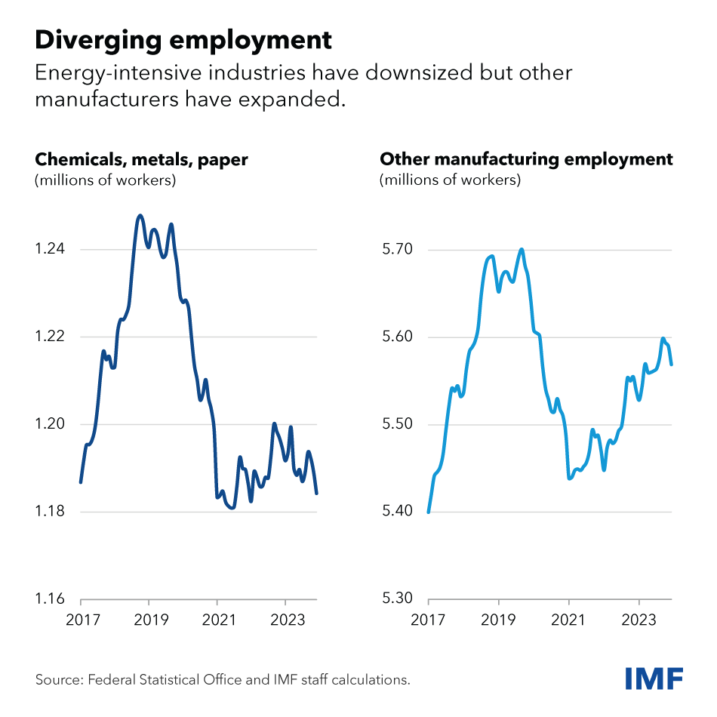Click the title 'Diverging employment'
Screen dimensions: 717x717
(x=183, y=39)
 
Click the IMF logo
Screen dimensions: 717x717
(x=654, y=678)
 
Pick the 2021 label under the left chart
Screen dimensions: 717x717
(x=217, y=623)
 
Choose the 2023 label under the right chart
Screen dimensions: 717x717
(x=639, y=623)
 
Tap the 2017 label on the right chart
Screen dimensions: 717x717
(x=428, y=623)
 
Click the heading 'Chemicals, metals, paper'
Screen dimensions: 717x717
(x=141, y=160)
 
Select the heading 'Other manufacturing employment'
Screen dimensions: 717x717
(x=526, y=160)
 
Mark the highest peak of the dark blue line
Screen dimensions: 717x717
(x=140, y=216)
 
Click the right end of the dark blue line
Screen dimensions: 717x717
(x=317, y=494)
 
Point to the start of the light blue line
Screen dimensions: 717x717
(x=428, y=512)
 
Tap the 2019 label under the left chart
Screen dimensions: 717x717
(x=149, y=623)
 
